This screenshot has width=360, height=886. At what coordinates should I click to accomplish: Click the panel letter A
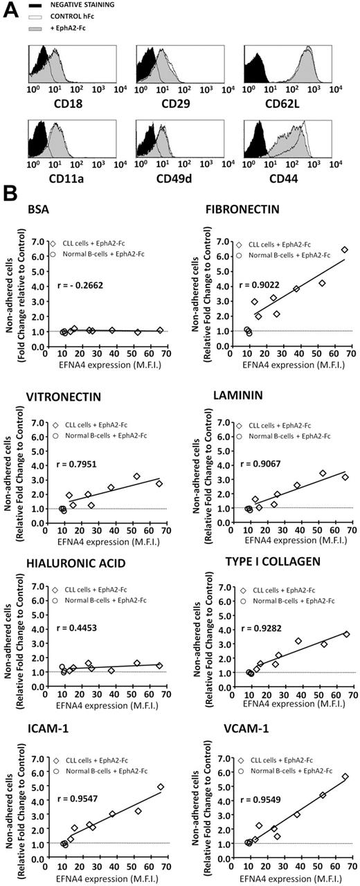pos(8,9)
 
